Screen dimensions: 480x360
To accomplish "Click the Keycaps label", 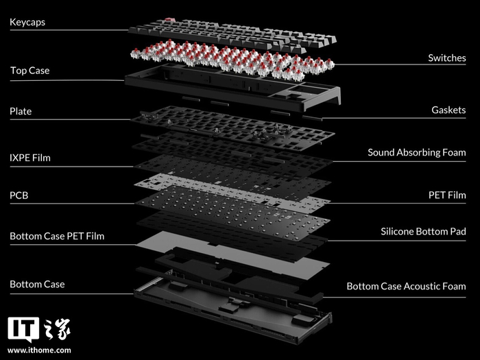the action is (28, 23).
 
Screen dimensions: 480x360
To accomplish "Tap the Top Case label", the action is (29, 71).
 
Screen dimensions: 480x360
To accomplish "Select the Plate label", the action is (21, 111).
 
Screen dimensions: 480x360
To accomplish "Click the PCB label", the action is (19, 196).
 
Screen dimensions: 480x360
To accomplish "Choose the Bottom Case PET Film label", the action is (57, 237).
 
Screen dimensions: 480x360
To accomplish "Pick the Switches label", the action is (446, 58).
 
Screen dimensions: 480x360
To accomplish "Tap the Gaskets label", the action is (448, 110).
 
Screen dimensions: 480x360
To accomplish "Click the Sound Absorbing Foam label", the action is (416, 152).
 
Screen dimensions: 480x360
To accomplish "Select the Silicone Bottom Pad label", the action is (423, 232).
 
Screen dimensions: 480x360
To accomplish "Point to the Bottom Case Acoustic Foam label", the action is (406, 286).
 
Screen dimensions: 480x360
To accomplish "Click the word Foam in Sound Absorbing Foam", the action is (453, 152).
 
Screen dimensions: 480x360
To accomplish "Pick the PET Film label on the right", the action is (447, 195).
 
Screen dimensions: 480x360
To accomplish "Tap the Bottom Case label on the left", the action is (37, 284).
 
